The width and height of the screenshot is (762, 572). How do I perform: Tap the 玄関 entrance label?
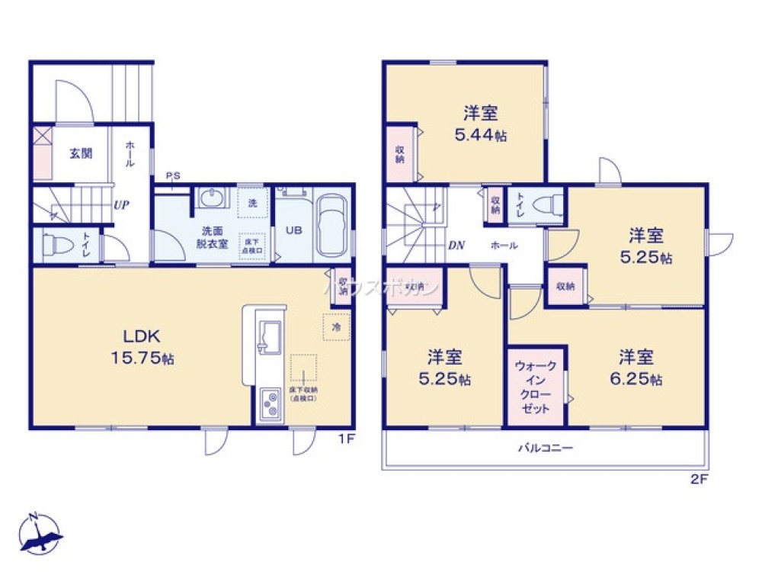[82, 153]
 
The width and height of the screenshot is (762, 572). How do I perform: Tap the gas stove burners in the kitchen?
[270, 405]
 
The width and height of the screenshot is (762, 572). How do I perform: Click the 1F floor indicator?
[348, 439]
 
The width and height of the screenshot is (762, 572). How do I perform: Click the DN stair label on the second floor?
[456, 246]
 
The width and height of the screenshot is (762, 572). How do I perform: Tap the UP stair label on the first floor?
[120, 205]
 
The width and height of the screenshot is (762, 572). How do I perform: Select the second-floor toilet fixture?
[548, 205]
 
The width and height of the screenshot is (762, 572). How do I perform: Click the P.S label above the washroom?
[174, 176]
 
